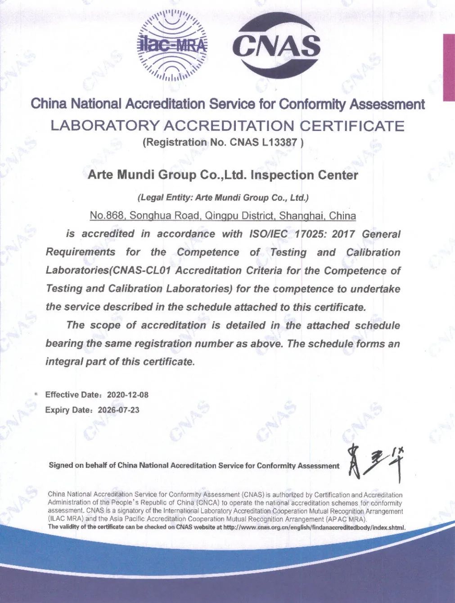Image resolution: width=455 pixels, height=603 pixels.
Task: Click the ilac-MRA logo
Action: pyautogui.click(x=172, y=45)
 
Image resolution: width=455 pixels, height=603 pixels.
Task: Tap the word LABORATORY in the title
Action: pyautogui.click(x=104, y=126)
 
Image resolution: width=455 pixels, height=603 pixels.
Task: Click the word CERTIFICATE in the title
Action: pyautogui.click(x=352, y=126)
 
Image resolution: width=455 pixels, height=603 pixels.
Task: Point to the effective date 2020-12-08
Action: pyautogui.click(x=127, y=395)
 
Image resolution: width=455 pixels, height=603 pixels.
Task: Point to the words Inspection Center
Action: pyautogui.click(x=304, y=175)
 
